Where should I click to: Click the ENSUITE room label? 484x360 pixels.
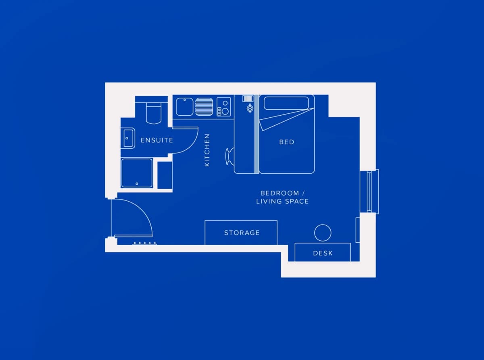[157, 140]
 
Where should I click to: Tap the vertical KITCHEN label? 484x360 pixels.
[207, 150]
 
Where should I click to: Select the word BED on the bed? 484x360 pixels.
[287, 142]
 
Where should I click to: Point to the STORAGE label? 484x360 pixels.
[242, 233]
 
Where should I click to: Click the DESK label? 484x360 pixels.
[323, 253]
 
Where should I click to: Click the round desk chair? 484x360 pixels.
[323, 233]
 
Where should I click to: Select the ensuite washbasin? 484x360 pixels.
[128, 138]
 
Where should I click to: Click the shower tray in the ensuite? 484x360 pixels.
[137, 173]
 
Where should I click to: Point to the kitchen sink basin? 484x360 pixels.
[185, 107]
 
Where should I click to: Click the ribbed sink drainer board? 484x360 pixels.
[204, 107]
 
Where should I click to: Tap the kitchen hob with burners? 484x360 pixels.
[224, 107]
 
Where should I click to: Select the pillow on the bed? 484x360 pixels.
[286, 103]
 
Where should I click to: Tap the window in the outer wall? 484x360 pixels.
[369, 191]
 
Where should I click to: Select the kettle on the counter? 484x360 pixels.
[250, 108]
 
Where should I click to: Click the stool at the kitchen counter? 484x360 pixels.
[229, 156]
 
